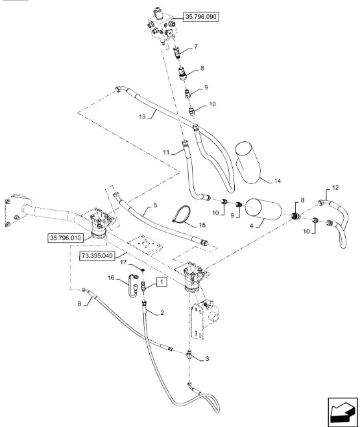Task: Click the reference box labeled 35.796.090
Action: pyautogui.click(x=201, y=17)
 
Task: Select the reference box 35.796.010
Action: pyautogui.click(x=66, y=238)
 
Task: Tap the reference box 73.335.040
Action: pyautogui.click(x=97, y=256)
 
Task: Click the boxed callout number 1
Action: pyautogui.click(x=162, y=282)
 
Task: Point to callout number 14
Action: pyautogui.click(x=278, y=181)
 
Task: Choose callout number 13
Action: pyautogui.click(x=142, y=117)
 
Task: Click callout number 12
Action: pyautogui.click(x=335, y=188)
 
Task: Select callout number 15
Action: pyautogui.click(x=202, y=225)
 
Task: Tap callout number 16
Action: pyautogui.click(x=111, y=278)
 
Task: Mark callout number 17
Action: pyautogui.click(x=123, y=262)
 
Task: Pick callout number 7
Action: pyautogui.click(x=196, y=47)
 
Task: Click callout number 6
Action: pyautogui.click(x=80, y=303)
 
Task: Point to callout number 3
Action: pyautogui.click(x=207, y=359)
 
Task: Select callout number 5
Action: pyautogui.click(x=155, y=205)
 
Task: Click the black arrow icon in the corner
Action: pyautogui.click(x=342, y=412)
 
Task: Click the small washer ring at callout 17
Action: pyautogui.click(x=142, y=270)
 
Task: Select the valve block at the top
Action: pyautogui.click(x=162, y=26)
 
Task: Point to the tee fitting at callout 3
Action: pyautogui.click(x=189, y=355)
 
